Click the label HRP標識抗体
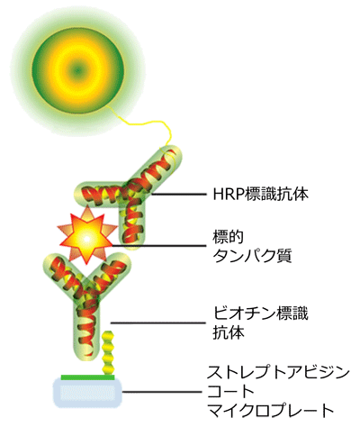pos(260,194)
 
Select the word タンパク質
pos(252,256)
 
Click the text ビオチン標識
pos(260,313)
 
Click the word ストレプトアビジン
pos(278,372)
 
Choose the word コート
pos(230,391)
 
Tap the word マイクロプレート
pos(271,410)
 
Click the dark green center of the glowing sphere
pos(78,71)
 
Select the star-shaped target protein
pos(86,238)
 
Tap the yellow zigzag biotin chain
pos(108,352)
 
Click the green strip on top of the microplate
pos(87,377)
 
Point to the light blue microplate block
pos(87,392)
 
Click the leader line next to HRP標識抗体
pos(179,195)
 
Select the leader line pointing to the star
pos(159,246)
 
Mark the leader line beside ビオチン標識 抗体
pos(158,323)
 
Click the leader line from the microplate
pos(162,392)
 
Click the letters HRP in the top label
pos(229,195)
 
